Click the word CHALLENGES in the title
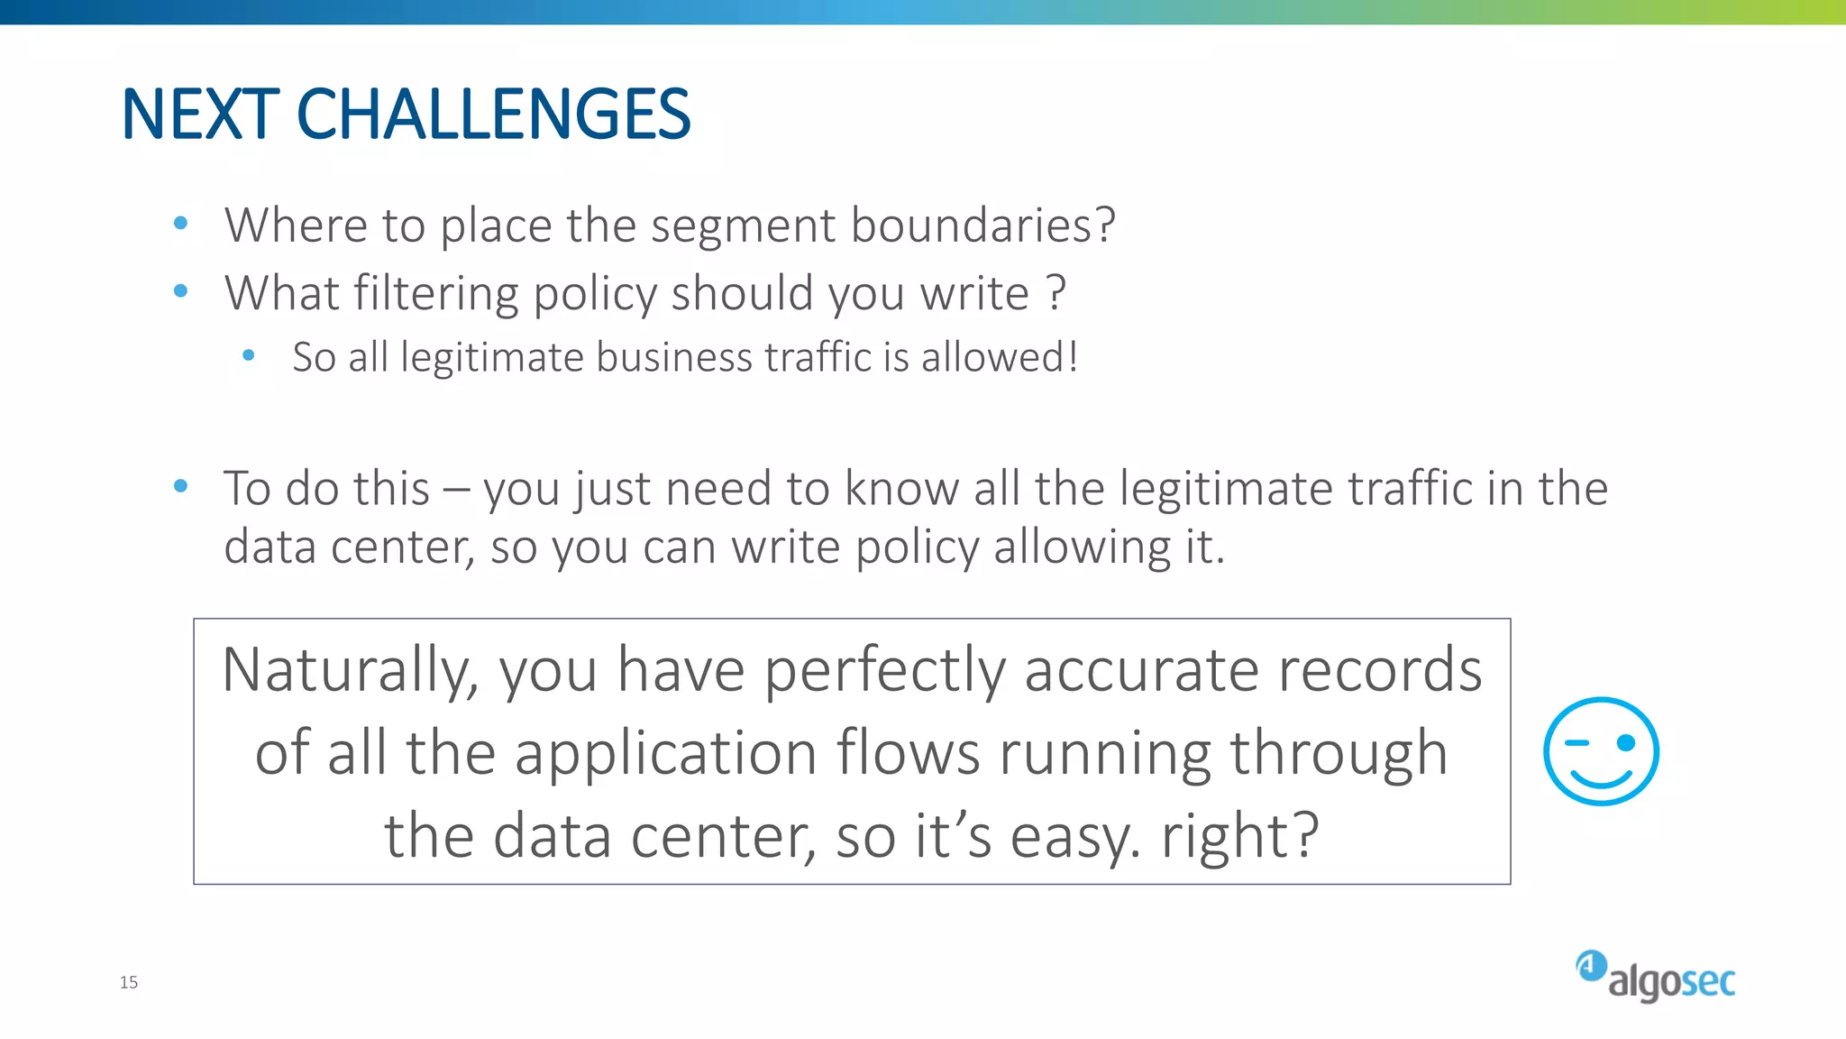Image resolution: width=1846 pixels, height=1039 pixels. point(493,115)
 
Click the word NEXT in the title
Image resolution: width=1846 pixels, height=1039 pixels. point(200,115)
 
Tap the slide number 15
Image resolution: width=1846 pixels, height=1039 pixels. point(129,982)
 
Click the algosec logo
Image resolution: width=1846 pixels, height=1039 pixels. point(1656,977)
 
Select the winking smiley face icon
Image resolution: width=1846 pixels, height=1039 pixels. point(1601,751)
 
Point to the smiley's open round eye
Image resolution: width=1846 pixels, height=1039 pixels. point(1626,742)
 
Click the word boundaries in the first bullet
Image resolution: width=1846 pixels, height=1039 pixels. point(982,225)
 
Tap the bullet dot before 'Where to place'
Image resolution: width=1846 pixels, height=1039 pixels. point(180,223)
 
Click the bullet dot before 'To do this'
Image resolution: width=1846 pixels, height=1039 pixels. point(180,486)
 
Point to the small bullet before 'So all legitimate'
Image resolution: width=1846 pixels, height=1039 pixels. point(249,356)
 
